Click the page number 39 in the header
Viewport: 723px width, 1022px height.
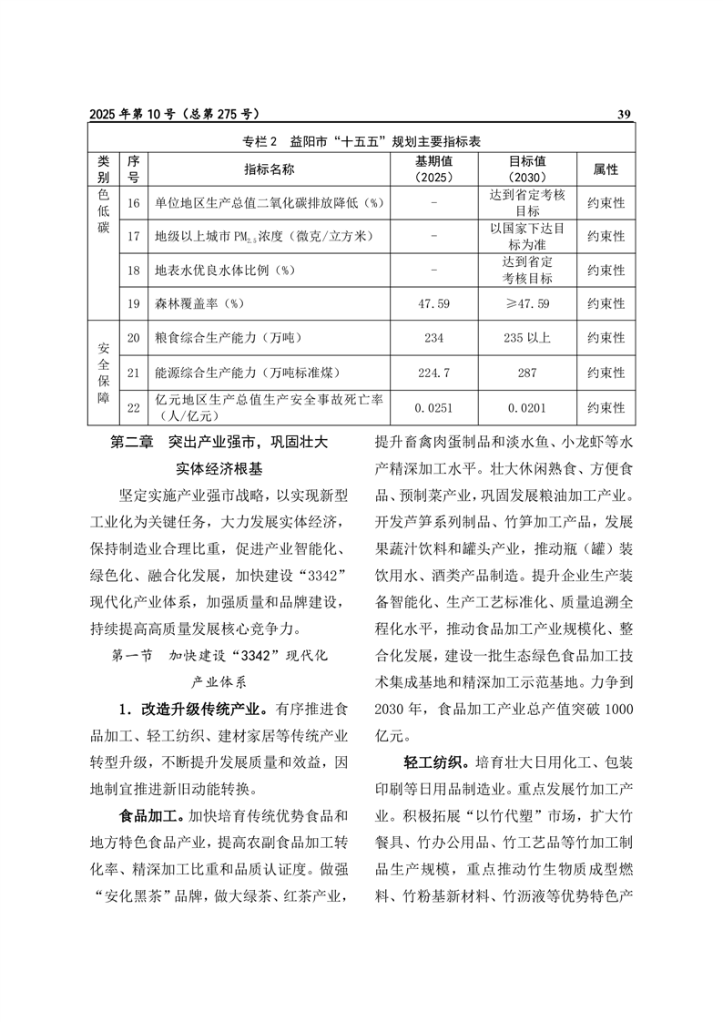(x=624, y=114)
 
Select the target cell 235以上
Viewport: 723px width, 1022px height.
(x=527, y=338)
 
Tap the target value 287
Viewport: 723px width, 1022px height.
(x=527, y=373)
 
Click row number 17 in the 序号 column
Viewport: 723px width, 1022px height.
(x=133, y=236)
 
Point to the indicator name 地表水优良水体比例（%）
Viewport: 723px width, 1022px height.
(x=228, y=271)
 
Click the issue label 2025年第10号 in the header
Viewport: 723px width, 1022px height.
(x=133, y=114)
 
